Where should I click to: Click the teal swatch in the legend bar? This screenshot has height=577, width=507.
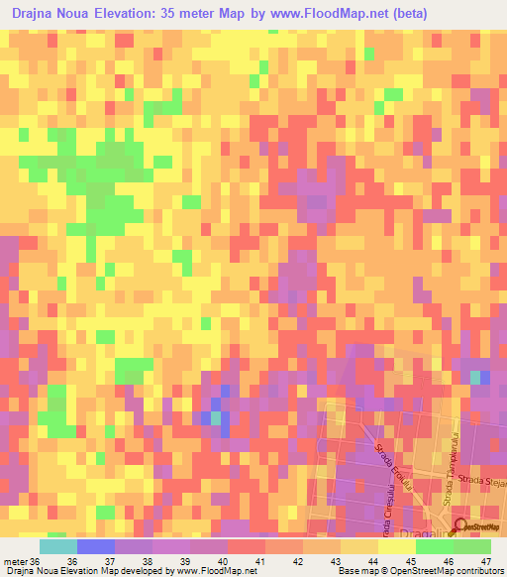57,546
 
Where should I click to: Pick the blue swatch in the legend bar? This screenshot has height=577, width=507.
95,546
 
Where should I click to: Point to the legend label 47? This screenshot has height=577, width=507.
485,563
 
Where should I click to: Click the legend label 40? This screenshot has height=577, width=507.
222,563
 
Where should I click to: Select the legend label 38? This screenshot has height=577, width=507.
147,563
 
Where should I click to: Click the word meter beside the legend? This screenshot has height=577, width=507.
16,563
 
